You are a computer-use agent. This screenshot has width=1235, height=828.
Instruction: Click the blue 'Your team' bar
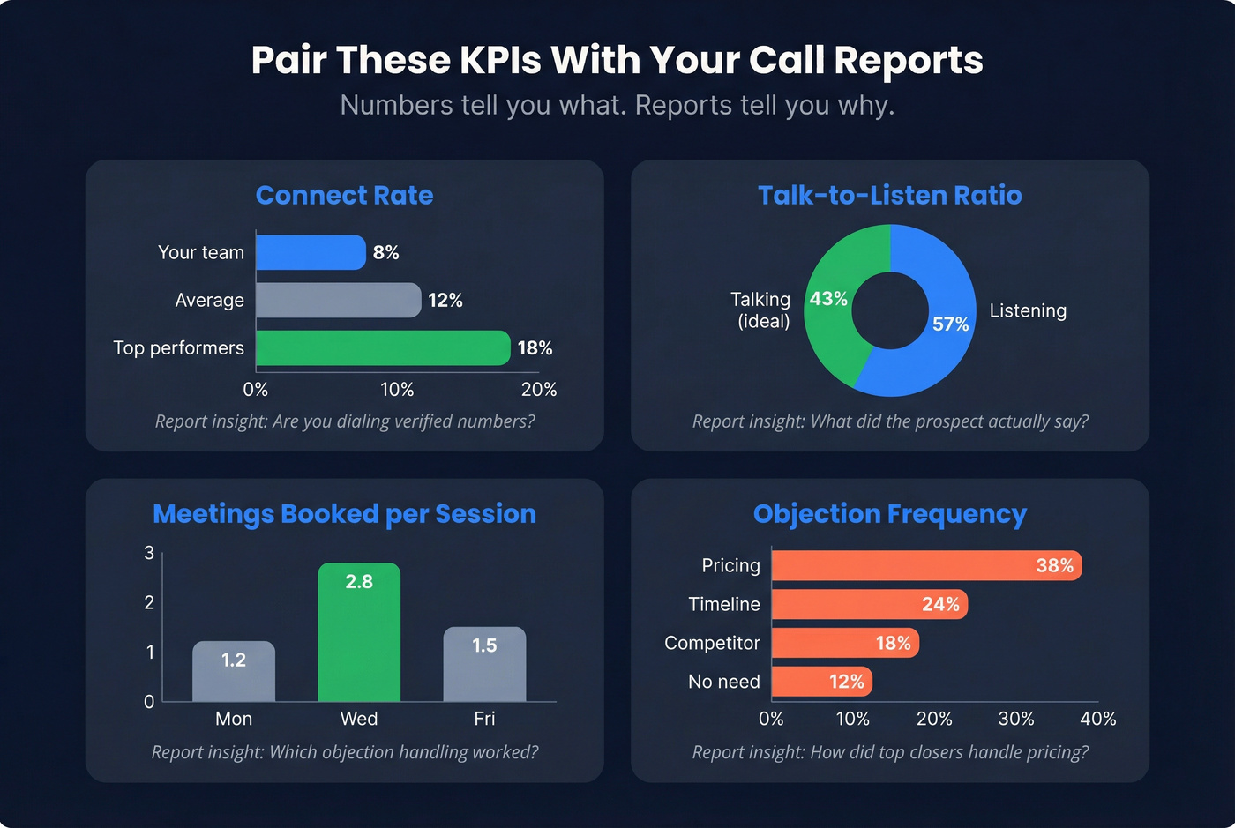[x=311, y=252]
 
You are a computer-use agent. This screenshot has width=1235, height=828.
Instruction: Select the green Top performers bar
[x=383, y=348]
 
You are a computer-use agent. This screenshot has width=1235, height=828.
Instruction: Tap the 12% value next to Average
[x=445, y=301]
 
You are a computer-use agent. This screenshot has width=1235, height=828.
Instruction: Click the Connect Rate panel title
[x=344, y=195]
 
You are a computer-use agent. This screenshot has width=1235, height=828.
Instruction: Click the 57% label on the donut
[x=950, y=324]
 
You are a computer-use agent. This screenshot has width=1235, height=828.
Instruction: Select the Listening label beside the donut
[x=1028, y=310]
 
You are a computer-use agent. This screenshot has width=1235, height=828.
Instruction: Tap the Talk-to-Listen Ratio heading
[x=889, y=195]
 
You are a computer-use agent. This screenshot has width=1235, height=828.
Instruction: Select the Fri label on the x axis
[x=484, y=719]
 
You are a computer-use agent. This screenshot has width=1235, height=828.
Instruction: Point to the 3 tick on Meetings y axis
[x=149, y=553]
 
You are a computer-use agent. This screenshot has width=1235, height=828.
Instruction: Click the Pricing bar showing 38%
[x=926, y=565]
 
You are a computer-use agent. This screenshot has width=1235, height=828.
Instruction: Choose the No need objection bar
[x=821, y=682]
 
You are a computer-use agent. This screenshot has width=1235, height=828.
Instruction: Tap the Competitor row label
[x=712, y=643]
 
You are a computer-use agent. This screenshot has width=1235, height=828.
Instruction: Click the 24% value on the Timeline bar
[x=940, y=604]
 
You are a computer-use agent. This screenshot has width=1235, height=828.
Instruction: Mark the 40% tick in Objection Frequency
[x=1097, y=719]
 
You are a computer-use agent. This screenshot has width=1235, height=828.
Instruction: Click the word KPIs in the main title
[x=500, y=60]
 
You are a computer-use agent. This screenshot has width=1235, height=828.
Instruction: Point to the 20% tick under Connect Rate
[x=538, y=389]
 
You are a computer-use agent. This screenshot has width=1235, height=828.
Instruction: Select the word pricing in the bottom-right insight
[x=1057, y=752]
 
